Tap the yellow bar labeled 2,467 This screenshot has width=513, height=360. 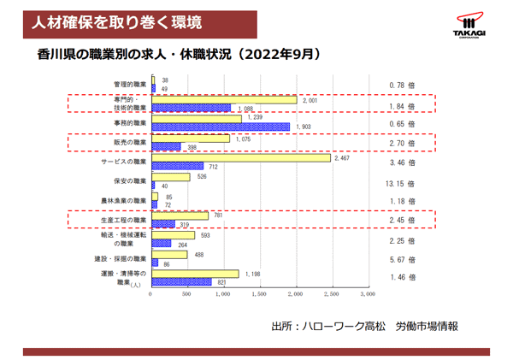coord(240,157)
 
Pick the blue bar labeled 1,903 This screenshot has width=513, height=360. coord(221,127)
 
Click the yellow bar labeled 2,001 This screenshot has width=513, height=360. coord(224,100)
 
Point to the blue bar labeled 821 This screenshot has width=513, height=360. coord(181,281)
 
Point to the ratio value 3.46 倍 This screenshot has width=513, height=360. coord(401,162)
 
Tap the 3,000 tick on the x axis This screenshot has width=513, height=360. coord(367,294)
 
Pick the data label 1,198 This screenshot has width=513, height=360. coord(252,274)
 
